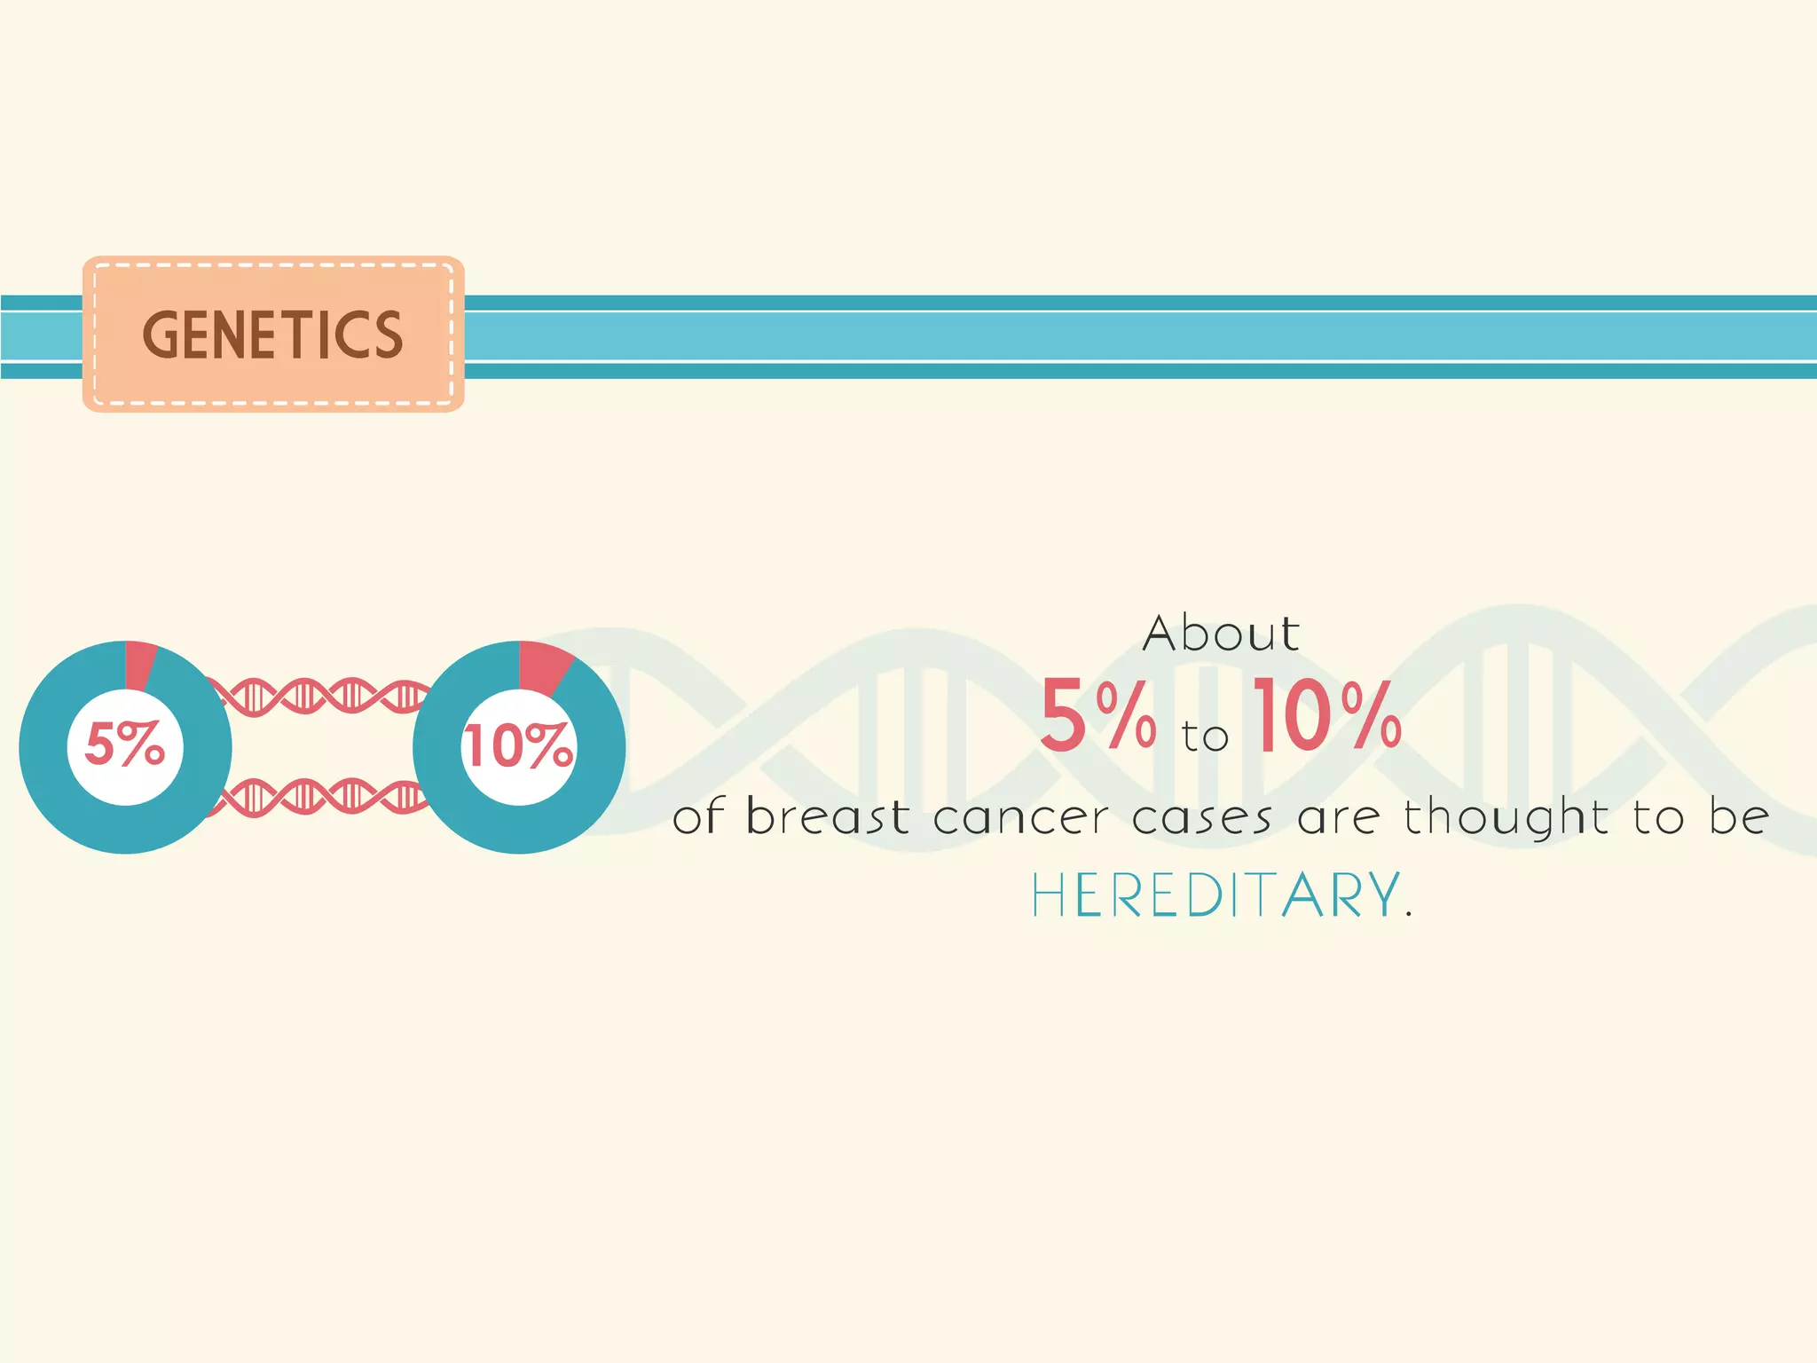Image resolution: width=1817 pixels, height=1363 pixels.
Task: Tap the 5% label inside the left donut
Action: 125,744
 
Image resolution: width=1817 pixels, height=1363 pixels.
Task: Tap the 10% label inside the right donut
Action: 519,745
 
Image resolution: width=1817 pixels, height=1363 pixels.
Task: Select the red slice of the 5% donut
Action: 140,664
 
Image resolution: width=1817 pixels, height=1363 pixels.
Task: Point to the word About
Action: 1221,634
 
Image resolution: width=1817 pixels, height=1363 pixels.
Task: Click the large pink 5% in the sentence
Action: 1098,715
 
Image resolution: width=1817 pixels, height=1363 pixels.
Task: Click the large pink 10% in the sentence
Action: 1327,715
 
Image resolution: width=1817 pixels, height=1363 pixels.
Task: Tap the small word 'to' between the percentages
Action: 1205,737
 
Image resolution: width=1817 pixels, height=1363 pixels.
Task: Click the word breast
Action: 827,816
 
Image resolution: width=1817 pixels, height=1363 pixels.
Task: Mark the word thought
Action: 1506,816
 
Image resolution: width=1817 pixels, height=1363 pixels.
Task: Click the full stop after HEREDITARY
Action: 1409,915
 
